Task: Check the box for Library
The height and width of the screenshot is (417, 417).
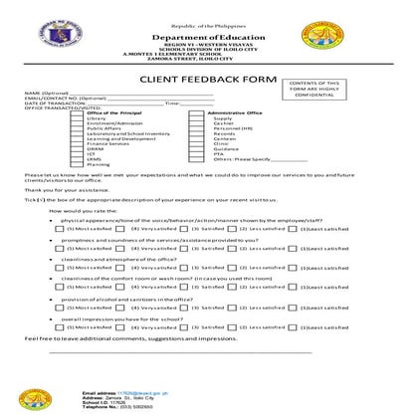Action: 83,118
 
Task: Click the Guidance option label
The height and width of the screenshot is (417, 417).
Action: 225,148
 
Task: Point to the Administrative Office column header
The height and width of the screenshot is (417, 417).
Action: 234,113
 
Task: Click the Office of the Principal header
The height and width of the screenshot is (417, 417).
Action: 114,113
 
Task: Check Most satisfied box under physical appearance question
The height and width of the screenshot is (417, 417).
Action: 63,228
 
